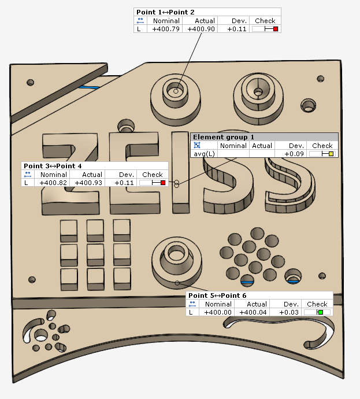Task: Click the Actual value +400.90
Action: [201, 29]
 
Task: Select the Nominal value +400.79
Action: [166, 29]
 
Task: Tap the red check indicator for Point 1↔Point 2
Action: [276, 29]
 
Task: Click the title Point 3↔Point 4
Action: [53, 166]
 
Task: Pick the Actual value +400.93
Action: [88, 183]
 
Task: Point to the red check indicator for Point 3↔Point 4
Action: [163, 183]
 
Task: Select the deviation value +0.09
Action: [294, 154]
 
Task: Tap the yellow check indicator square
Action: [331, 154]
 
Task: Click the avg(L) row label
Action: [204, 154]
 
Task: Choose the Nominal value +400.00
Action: [218, 312]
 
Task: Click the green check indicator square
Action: [321, 312]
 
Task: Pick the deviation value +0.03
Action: [289, 312]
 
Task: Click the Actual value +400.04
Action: [253, 312]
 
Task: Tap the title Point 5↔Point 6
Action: [217, 295]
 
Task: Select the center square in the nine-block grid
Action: [95, 255]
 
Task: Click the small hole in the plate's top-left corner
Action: [30, 83]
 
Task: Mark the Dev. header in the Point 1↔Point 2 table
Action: [239, 21]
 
